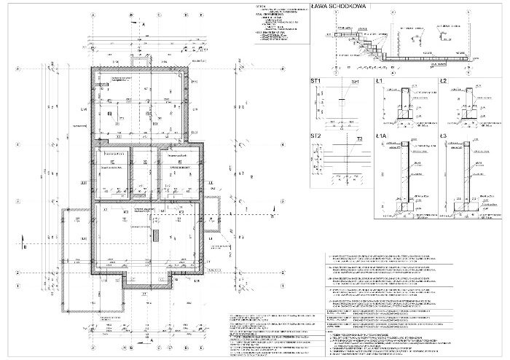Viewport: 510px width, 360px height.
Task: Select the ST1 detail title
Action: point(316,82)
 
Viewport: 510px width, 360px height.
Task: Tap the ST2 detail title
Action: point(316,137)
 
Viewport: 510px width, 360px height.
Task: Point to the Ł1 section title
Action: point(380,82)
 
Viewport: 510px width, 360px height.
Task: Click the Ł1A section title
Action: point(382,137)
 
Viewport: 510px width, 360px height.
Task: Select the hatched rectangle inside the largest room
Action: point(155,235)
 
